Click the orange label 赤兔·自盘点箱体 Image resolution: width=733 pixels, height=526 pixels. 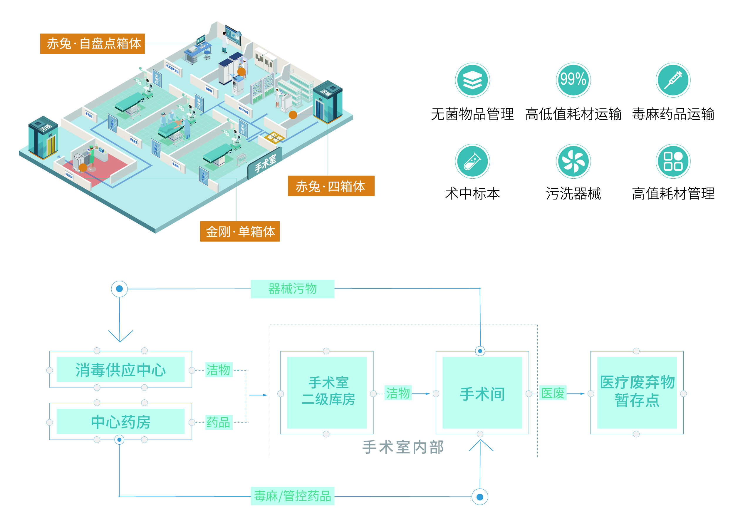[93, 44]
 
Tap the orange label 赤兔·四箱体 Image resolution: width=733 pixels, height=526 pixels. [331, 186]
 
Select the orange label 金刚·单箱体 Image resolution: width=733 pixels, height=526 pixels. [240, 232]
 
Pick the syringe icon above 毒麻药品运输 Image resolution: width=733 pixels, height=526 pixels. [673, 80]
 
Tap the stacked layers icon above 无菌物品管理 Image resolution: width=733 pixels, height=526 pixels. [472, 80]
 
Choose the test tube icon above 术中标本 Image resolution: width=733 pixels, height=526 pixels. [472, 161]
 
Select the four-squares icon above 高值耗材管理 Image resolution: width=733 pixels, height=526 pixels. [673, 161]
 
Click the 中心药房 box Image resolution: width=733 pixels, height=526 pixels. [120, 422]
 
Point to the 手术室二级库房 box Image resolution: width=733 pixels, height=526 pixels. [327, 393]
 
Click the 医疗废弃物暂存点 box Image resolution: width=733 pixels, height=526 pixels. [637, 393]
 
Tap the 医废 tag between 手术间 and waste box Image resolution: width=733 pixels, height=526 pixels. [552, 393]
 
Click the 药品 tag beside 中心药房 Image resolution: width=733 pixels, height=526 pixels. [219, 422]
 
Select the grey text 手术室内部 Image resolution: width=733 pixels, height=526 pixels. [403, 447]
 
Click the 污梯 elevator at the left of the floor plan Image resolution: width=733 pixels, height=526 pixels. [43, 138]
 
